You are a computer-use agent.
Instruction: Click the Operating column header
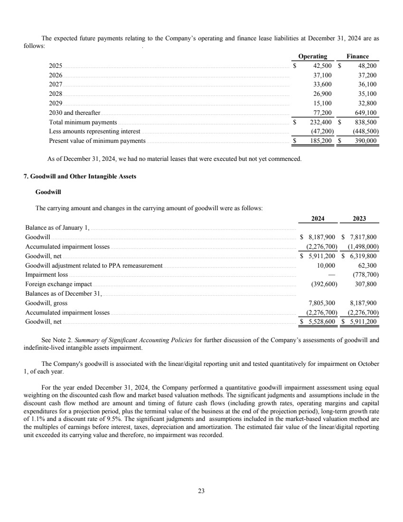[x=313, y=56]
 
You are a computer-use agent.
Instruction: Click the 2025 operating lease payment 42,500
[x=321, y=66]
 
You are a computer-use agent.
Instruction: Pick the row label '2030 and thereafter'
[x=75, y=113]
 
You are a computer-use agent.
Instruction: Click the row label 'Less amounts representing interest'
[x=94, y=131]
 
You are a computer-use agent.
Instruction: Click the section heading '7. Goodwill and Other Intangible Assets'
[x=80, y=176]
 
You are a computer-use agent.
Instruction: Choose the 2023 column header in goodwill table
[x=359, y=219]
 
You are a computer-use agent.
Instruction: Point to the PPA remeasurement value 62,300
[x=367, y=265]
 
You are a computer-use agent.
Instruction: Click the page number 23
[x=201, y=491]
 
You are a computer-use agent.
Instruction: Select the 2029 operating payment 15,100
[x=323, y=103]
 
